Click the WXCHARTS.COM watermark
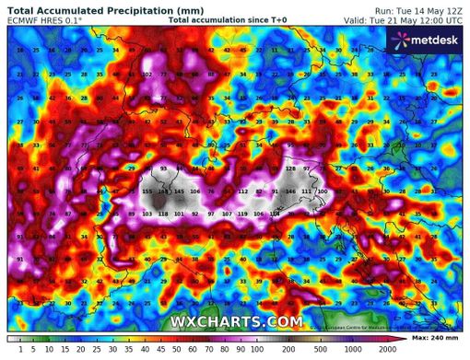click(236, 321)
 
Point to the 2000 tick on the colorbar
click(386, 350)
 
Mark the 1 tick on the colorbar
click(7, 350)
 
